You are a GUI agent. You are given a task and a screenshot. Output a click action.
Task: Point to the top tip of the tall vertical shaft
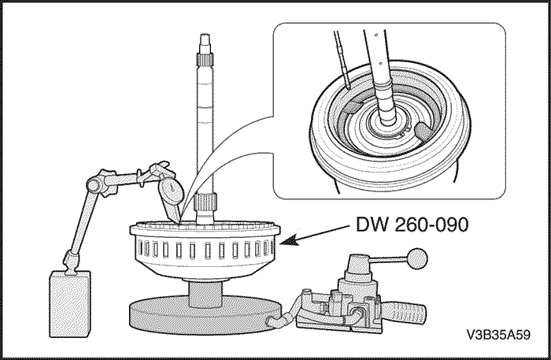click(x=202, y=36)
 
